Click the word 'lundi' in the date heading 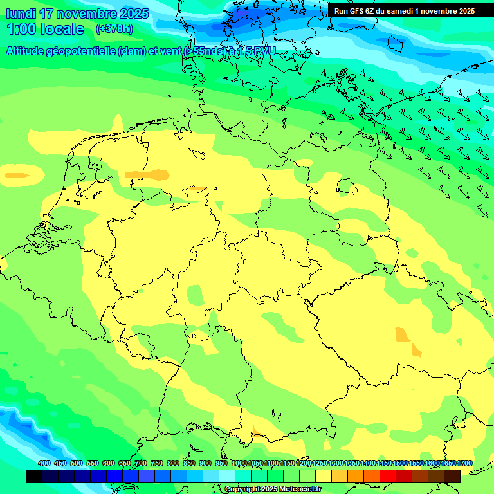[21, 13]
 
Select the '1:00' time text [21, 29]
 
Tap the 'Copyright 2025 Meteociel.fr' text [273, 489]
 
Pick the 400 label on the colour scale [44, 464]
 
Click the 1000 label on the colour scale [239, 464]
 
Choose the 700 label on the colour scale [141, 464]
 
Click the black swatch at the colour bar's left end [34, 476]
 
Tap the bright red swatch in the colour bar [388, 476]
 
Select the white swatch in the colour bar [227, 476]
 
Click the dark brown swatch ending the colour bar [452, 476]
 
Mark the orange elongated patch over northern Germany [145, 174]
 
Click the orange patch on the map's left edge [15, 174]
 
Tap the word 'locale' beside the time [62, 29]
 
